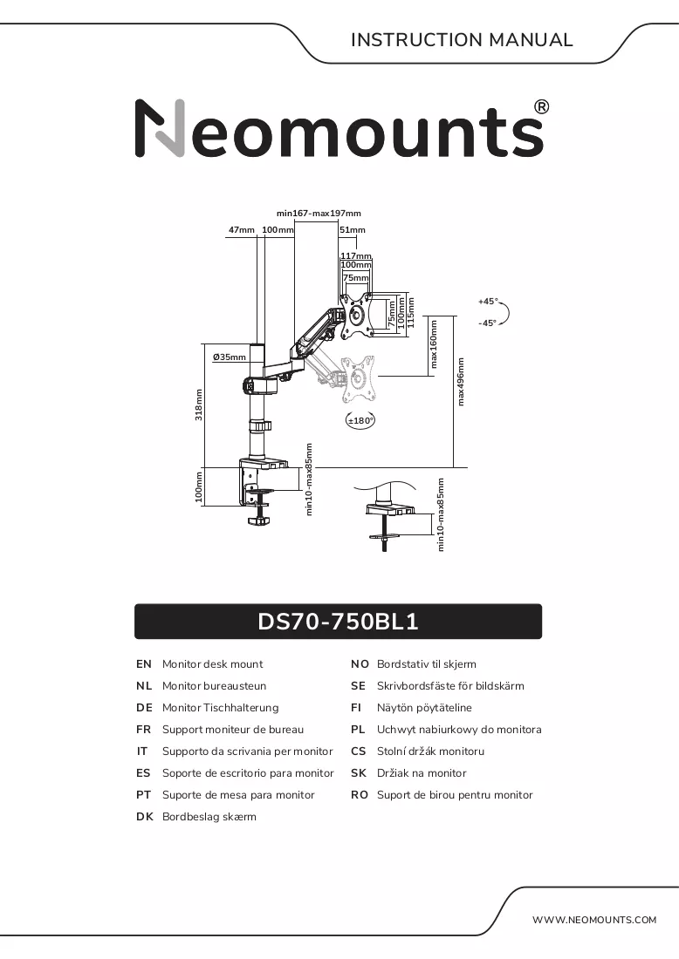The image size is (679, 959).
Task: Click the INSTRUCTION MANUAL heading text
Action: click(462, 40)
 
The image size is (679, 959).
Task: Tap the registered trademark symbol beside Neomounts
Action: click(541, 107)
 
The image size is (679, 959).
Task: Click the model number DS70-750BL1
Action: click(338, 622)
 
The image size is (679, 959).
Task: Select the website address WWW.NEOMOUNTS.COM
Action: click(593, 919)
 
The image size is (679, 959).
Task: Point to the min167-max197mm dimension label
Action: click(319, 214)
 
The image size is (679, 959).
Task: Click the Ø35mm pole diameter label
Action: click(229, 357)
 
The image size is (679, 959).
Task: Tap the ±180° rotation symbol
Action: click(360, 420)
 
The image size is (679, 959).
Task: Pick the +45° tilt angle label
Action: click(488, 302)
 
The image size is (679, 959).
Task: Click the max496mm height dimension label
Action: click(461, 382)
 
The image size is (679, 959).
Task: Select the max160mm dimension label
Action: click(434, 344)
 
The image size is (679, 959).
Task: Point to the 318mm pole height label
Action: click(198, 405)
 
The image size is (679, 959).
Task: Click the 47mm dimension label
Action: click(241, 230)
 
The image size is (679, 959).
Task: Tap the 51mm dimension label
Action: click(352, 230)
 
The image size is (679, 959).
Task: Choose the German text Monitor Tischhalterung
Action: click(221, 708)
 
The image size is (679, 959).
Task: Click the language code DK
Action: click(145, 817)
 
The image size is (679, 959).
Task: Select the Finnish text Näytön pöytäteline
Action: click(424, 708)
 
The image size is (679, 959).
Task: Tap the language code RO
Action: click(360, 794)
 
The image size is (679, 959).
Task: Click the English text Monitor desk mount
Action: click(212, 664)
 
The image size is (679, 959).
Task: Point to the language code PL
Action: click(358, 729)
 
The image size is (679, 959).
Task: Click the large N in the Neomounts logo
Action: click(160, 128)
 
